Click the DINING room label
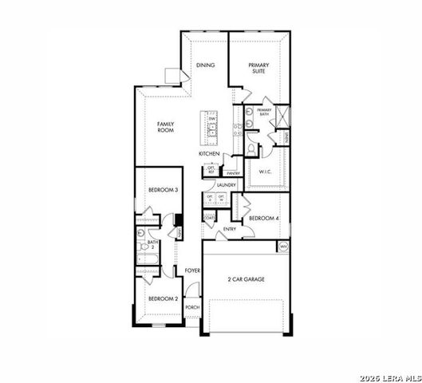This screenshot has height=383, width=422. pos(206,65)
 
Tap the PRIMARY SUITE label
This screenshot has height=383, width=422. pos(258,69)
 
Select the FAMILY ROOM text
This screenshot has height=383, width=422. pos(165,128)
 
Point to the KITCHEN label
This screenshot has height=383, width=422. pos(209,153)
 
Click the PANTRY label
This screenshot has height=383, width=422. pos(233,173)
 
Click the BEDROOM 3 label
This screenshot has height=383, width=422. pos(162,190)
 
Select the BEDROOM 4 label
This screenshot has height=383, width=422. pos(263,218)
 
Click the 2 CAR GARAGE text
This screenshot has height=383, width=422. pos(246,279)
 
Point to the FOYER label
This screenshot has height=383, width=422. pos(191,271)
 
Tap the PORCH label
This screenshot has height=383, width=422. pos(191,307)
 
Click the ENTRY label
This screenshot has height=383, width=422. pos(230,230)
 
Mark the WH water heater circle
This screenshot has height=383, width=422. pos(283,247)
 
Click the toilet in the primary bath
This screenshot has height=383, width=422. pos(250,148)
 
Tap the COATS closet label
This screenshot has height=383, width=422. pos(210,217)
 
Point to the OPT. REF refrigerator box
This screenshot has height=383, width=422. pos(212,169)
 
